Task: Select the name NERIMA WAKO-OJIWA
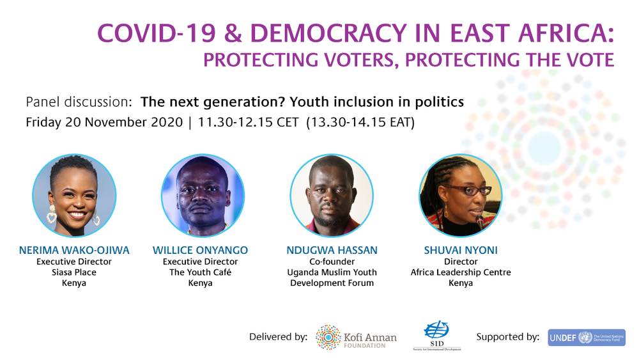point(74,250)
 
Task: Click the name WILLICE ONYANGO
point(200,250)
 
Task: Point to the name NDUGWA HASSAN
point(332,250)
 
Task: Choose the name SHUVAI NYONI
point(460,250)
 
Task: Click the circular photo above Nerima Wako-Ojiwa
point(74,196)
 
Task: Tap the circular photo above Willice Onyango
point(203,196)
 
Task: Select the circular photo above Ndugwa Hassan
point(332,196)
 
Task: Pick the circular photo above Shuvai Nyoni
point(460,196)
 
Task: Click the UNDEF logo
point(586,338)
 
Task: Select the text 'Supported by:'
point(507,337)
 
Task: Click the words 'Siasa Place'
point(75,272)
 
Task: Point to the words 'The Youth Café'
point(200,272)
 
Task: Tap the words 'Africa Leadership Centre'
point(460,272)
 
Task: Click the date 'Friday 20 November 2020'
point(104,122)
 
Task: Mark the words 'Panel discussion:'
point(79,102)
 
